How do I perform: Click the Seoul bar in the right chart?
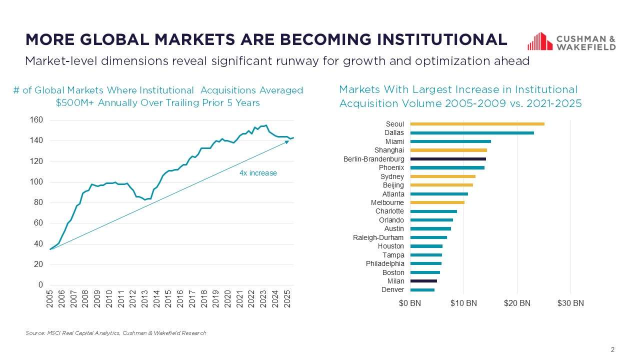pyautogui.click(x=477, y=124)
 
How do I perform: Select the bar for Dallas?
pyautogui.click(x=472, y=133)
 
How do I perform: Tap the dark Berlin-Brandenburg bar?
pyautogui.click(x=448, y=159)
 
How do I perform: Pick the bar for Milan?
pyautogui.click(x=423, y=281)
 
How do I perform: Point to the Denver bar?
pyautogui.click(x=422, y=290)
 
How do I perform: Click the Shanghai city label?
pyautogui.click(x=389, y=150)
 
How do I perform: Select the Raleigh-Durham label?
pyautogui.click(x=378, y=237)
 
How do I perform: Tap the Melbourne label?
pyautogui.click(x=387, y=202)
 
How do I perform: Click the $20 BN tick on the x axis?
pyautogui.click(x=517, y=303)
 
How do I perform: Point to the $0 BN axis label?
pyautogui.click(x=410, y=303)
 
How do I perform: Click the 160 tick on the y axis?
pyautogui.click(x=37, y=120)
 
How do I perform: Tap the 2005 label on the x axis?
pyautogui.click(x=50, y=298)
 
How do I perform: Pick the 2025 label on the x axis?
pyautogui.click(x=287, y=298)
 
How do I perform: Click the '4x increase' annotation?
pyautogui.click(x=258, y=173)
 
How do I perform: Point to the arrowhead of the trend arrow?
pyautogui.click(x=287, y=142)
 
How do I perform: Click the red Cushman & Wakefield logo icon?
pyautogui.click(x=539, y=41)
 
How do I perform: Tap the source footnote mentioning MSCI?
pyautogui.click(x=115, y=333)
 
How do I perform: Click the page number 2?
pyautogui.click(x=612, y=349)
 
